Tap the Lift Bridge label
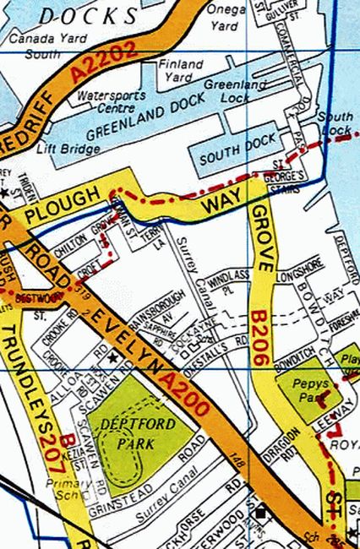pos(68,149)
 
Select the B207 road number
pos(57,454)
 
